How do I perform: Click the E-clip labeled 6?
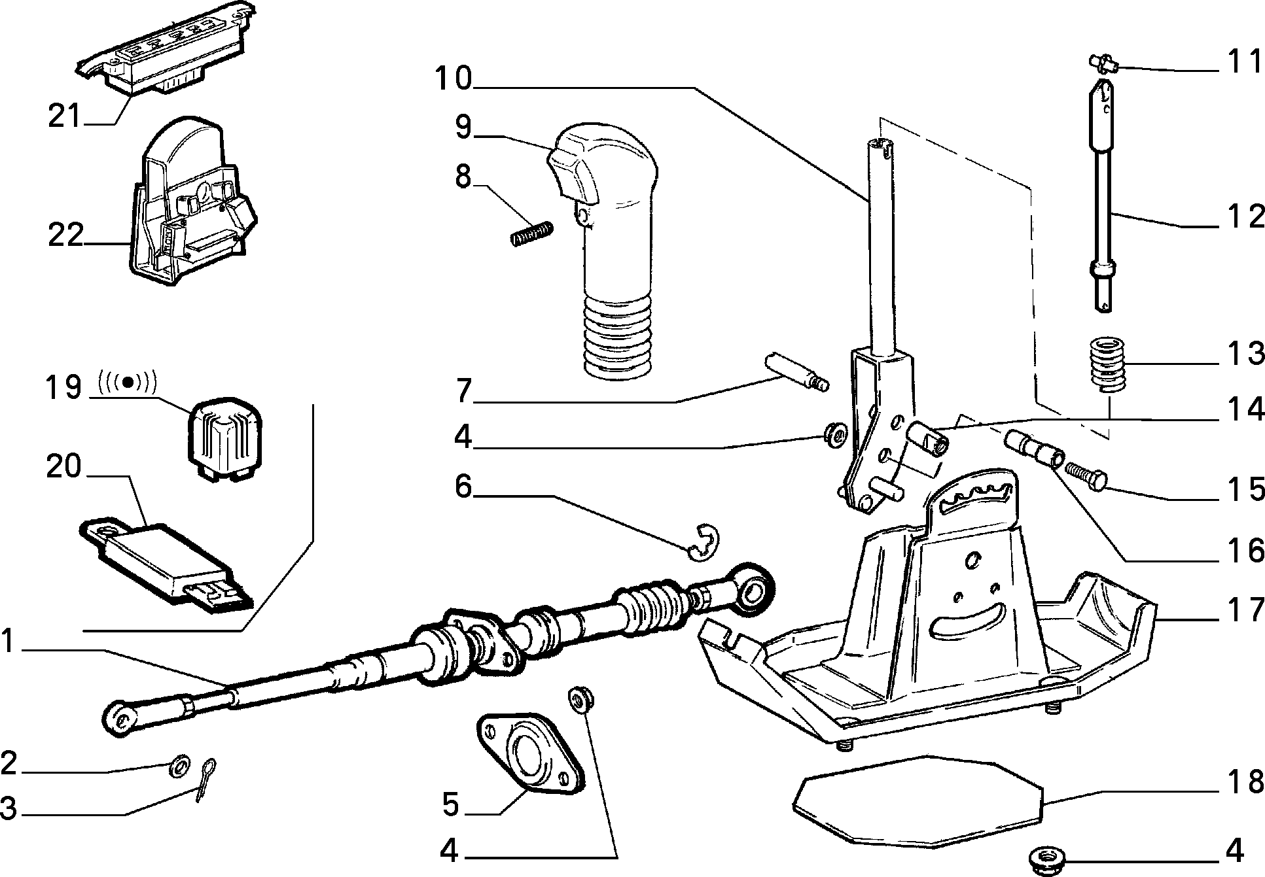click(x=704, y=542)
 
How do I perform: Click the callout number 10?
click(x=453, y=79)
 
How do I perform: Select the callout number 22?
click(x=65, y=235)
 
